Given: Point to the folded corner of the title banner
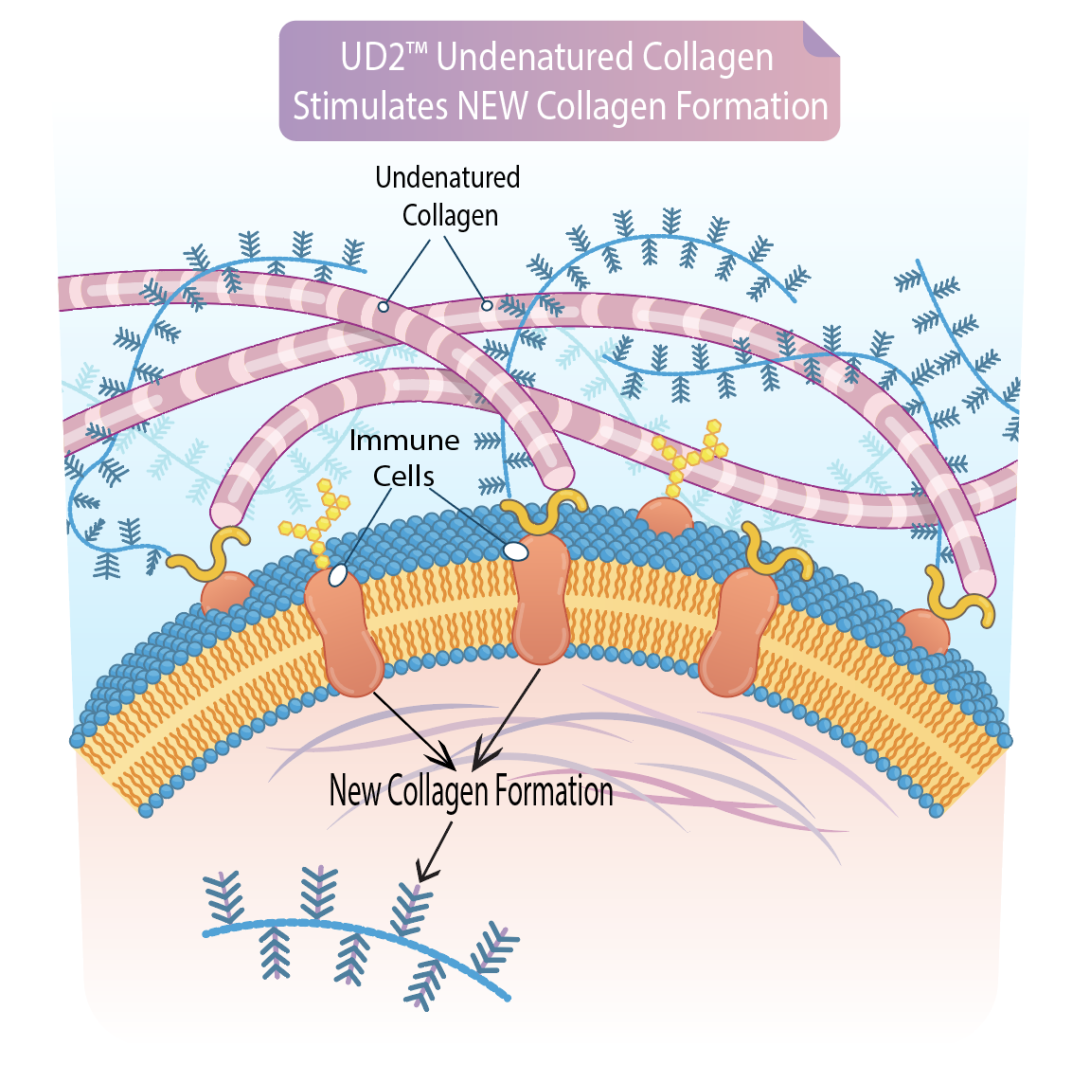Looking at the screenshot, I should [820, 40].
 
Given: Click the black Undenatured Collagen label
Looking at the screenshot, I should [449, 196].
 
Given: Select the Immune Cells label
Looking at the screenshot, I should [404, 458].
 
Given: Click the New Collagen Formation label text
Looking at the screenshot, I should [471, 791].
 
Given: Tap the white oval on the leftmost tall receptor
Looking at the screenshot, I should [338, 574].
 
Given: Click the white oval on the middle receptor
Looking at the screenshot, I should [515, 550].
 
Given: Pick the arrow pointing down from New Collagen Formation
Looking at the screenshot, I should [433, 852].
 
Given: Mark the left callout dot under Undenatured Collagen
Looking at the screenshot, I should [384, 306].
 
